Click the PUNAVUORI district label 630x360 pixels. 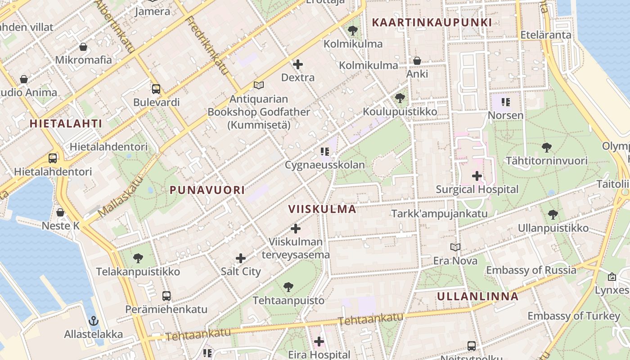coord(207,190)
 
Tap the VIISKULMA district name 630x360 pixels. coord(322,209)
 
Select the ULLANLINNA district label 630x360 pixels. coord(478,296)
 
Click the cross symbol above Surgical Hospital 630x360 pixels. coord(477,176)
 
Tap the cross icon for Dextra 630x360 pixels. coord(298,64)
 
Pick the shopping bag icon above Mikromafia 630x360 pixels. coord(83,47)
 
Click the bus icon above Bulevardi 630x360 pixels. coord(156,89)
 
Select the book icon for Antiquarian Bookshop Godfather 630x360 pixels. coord(258,85)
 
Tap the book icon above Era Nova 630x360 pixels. coord(455,247)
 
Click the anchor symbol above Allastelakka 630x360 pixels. coord(94,321)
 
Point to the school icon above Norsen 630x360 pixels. coord(506,102)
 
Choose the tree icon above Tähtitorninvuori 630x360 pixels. coord(547,147)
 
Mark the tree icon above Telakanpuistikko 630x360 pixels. coord(138,258)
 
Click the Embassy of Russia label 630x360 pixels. coord(531,270)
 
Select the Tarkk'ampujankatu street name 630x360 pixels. coord(439,213)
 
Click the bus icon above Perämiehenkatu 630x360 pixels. coord(166,296)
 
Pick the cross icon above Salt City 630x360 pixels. coord(241,258)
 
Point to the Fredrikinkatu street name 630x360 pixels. coord(207,45)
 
